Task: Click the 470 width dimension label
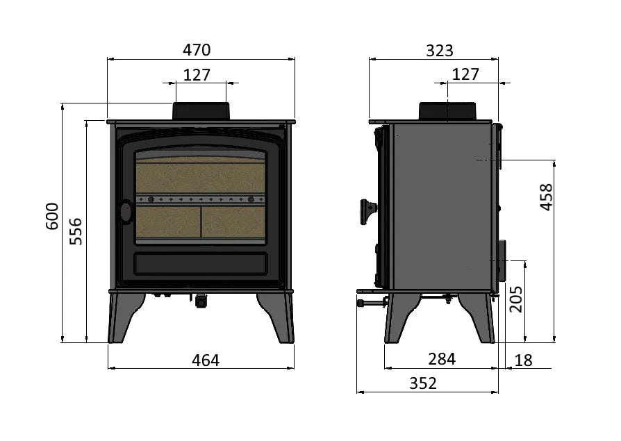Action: [197, 50]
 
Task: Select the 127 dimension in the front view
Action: [197, 74]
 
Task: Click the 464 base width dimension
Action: [205, 360]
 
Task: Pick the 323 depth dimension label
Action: [439, 50]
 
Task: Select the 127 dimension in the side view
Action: [465, 74]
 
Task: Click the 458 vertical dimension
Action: [546, 197]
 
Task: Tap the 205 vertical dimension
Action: [516, 299]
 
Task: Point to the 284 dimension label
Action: [442, 359]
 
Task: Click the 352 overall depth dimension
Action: [423, 383]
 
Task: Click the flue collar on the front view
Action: [201, 110]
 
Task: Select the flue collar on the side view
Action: [447, 110]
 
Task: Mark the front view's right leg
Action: [279, 317]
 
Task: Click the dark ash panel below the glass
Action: [200, 263]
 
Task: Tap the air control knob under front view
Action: [201, 301]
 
